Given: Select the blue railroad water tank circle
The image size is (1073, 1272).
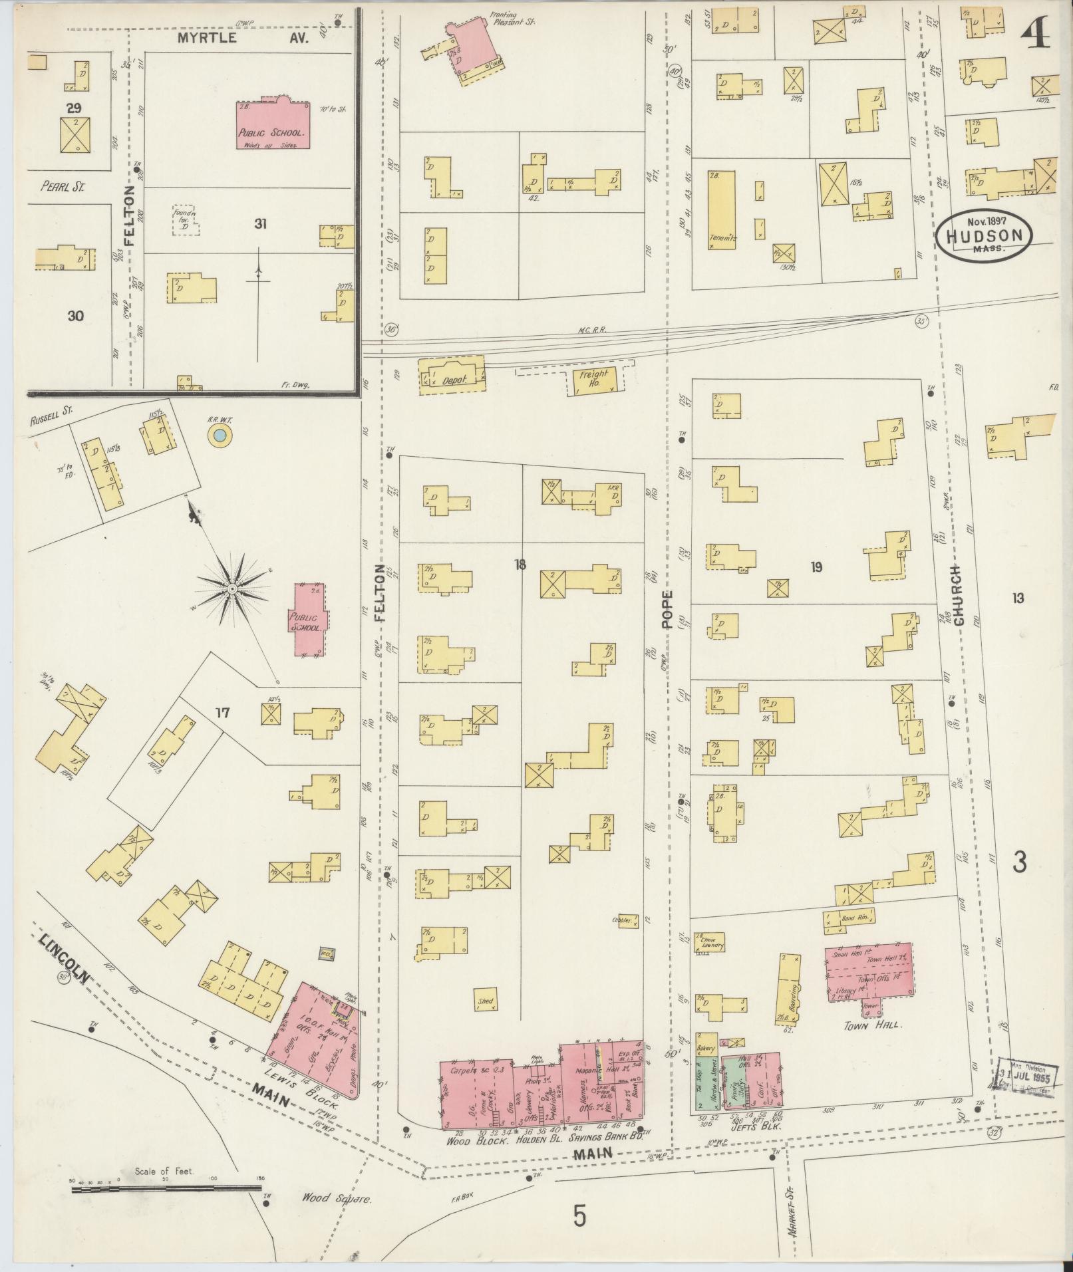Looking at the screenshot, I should click(220, 437).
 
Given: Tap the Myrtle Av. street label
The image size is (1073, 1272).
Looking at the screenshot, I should click(243, 38).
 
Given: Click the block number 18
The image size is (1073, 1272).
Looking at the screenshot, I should click(520, 565).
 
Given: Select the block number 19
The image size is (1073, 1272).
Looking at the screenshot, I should click(816, 567).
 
